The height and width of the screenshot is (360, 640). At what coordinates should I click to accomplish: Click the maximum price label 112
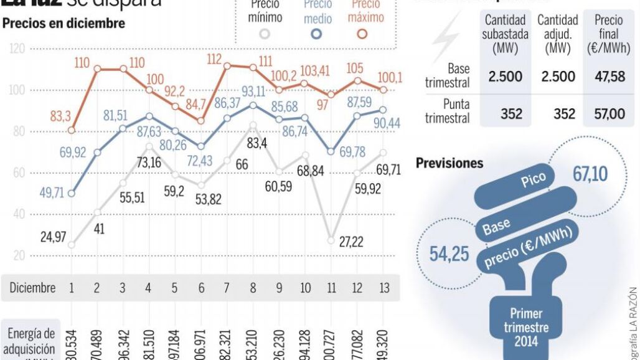pos(214,59)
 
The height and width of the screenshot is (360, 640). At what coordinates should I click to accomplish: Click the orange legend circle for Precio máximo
pos(362,34)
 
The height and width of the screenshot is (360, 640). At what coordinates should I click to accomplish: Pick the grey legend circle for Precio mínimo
pos(265,34)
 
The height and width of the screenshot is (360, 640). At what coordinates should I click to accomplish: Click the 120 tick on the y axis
pos(17,49)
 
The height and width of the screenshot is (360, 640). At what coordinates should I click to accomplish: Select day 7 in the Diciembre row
pos(226,288)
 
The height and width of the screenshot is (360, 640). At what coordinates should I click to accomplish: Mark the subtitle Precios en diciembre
pos(64,24)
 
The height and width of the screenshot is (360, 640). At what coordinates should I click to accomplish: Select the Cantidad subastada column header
pos(504,34)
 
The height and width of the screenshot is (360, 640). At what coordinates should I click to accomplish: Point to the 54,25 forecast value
pos(449,254)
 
